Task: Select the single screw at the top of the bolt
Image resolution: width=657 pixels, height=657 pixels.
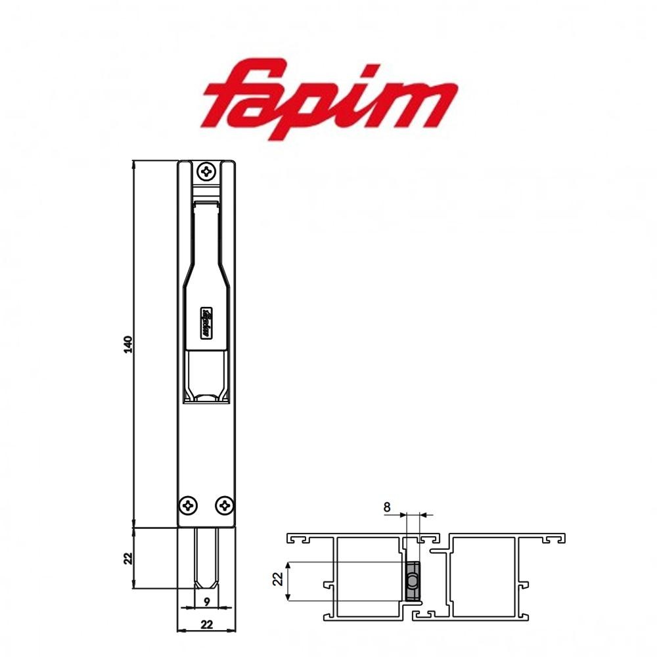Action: [x=208, y=171]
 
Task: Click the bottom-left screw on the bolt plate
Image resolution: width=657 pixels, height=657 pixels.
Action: [x=189, y=505]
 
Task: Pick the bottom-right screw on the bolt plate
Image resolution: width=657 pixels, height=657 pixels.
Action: [x=225, y=505]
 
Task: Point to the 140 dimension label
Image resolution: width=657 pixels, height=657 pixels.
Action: [x=128, y=344]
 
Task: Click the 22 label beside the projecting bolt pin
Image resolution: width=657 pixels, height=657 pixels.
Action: [x=128, y=558]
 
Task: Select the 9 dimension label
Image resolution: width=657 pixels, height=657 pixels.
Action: [x=206, y=600]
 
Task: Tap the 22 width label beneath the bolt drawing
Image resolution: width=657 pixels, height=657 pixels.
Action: [x=206, y=625]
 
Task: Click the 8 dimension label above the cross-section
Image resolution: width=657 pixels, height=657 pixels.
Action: [x=386, y=507]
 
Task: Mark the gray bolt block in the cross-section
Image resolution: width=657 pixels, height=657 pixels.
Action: [x=412, y=581]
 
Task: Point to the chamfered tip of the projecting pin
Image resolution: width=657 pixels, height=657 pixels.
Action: [x=207, y=584]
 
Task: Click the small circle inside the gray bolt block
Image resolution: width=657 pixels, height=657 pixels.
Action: [x=411, y=581]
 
